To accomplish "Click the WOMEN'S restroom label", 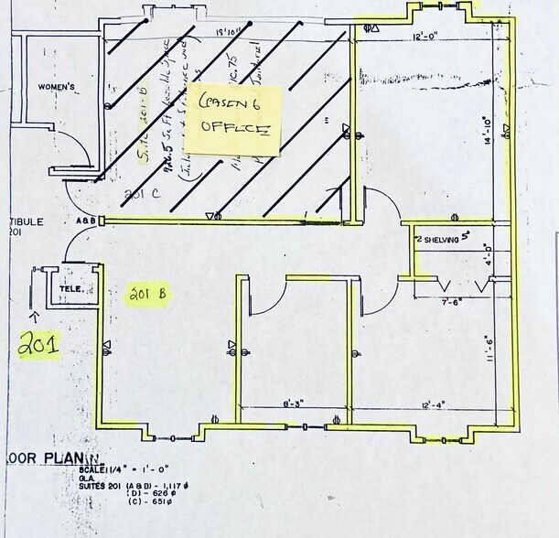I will (x=55, y=87).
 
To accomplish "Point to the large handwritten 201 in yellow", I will (x=40, y=345).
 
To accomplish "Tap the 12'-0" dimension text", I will (x=428, y=37).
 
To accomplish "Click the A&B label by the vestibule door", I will (x=85, y=221).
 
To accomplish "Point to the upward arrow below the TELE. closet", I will (x=34, y=317).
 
